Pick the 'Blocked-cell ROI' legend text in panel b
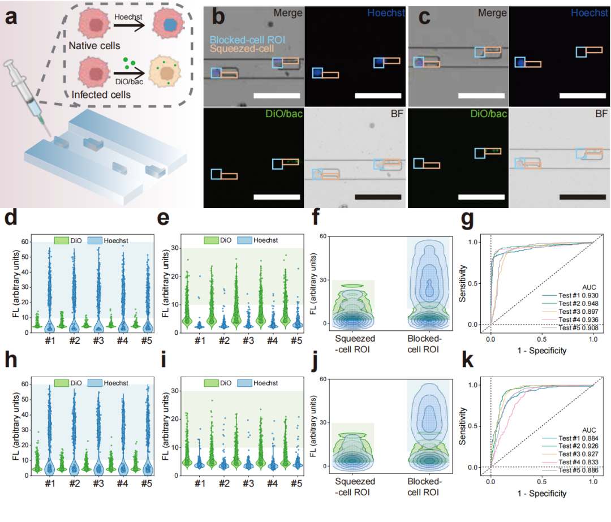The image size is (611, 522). point(247,40)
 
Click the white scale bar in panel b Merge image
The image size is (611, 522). point(276,96)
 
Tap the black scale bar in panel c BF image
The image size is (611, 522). point(582,197)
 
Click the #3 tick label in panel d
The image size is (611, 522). point(97,341)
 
